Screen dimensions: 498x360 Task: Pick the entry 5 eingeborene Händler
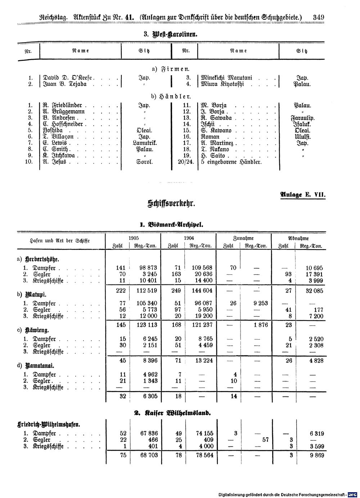coord(231,162)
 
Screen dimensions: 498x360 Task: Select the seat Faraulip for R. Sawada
coord(302,118)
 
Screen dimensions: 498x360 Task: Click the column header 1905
coord(133,238)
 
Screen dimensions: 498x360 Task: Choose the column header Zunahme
coord(243,238)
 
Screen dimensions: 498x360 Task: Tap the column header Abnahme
coord(298,238)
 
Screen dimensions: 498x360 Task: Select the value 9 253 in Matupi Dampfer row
coord(260,304)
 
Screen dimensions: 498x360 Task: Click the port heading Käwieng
coord(37,330)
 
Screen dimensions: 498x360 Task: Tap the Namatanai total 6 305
coord(148,396)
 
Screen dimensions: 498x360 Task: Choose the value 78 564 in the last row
coord(203,455)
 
